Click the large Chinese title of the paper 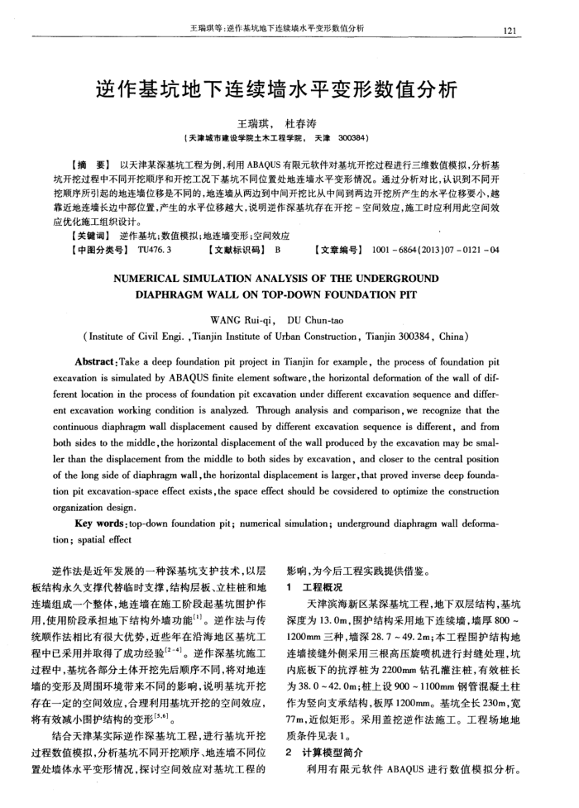pos(289,89)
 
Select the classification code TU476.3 pos(156,248)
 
